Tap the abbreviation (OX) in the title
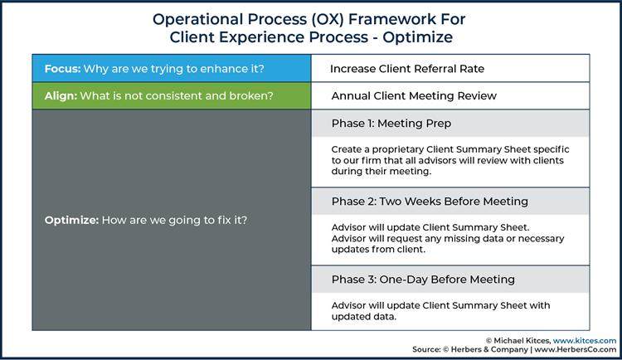[x=327, y=19]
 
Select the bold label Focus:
[x=63, y=69]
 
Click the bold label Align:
[x=61, y=96]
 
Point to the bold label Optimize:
[x=71, y=221]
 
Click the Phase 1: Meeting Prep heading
[x=391, y=124]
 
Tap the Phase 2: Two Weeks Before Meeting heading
[x=430, y=202]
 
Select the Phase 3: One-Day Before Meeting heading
[x=423, y=280]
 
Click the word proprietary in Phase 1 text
[x=398, y=149]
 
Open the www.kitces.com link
[x=585, y=341]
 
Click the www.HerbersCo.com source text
[x=576, y=349]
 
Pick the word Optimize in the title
[x=417, y=37]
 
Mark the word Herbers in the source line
[x=465, y=349]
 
